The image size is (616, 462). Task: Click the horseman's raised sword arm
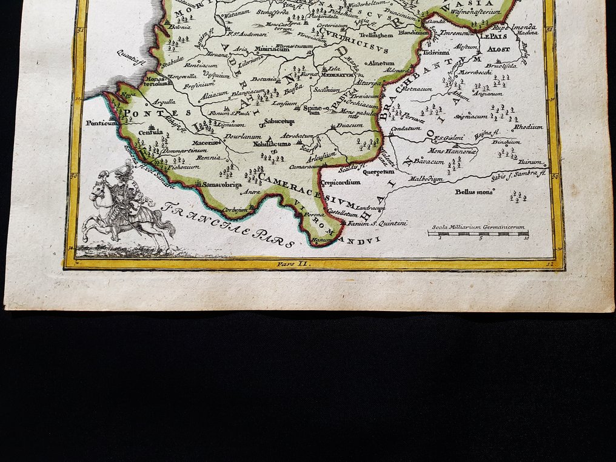[x=107, y=176]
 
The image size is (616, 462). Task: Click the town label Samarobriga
[x=222, y=184]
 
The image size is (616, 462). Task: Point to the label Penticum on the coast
[x=99, y=122]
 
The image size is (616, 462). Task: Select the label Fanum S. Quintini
[x=386, y=223]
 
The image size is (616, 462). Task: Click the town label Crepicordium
[x=341, y=182]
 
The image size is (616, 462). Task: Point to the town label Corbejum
[x=236, y=210]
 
